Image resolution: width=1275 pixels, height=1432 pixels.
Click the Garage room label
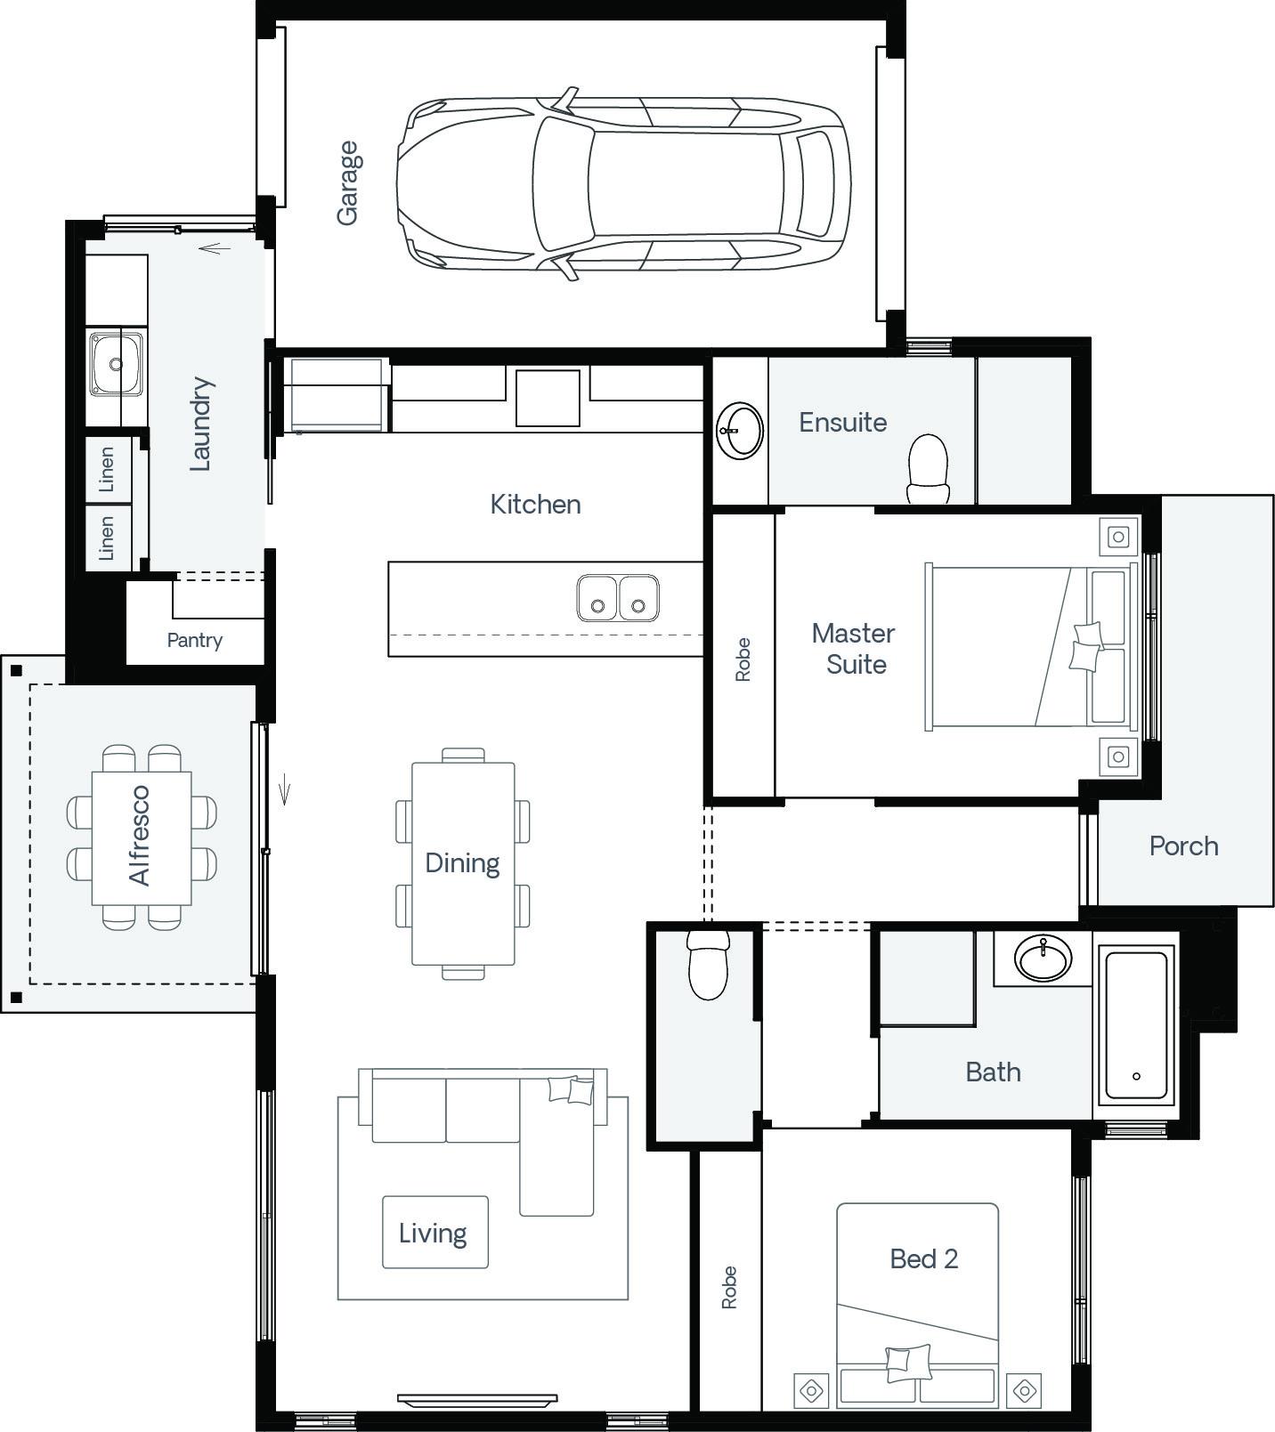pyautogui.click(x=347, y=182)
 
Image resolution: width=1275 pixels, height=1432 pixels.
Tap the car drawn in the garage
pyautogui.click(x=623, y=184)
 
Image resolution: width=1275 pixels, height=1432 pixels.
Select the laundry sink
pyautogui.click(x=116, y=364)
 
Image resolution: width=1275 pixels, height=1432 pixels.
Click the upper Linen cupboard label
pyautogui.click(x=107, y=469)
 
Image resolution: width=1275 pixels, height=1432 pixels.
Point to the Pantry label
pyautogui.click(x=195, y=640)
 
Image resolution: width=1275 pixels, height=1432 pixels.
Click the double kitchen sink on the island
pyautogui.click(x=618, y=597)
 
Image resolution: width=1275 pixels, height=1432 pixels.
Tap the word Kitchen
pyautogui.click(x=535, y=505)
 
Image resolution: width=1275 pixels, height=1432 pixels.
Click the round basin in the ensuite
pyautogui.click(x=740, y=431)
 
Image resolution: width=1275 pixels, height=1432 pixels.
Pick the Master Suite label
pyautogui.click(x=854, y=649)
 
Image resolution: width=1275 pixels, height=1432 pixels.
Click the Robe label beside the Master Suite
pyautogui.click(x=743, y=659)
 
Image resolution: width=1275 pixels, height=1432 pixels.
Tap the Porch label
pyautogui.click(x=1183, y=845)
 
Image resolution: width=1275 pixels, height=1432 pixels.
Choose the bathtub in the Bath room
pyautogui.click(x=1136, y=1026)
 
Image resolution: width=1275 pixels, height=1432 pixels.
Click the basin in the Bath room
pyautogui.click(x=1044, y=959)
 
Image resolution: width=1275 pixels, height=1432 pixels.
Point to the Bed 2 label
pyautogui.click(x=924, y=1258)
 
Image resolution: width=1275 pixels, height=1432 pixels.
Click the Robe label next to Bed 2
pyautogui.click(x=729, y=1287)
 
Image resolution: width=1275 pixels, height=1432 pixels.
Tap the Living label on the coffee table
pyautogui.click(x=433, y=1234)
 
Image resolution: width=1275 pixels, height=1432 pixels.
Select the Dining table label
pyautogui.click(x=462, y=863)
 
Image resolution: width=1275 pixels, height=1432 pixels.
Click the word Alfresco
pyautogui.click(x=140, y=835)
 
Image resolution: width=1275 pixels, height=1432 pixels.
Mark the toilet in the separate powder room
pyautogui.click(x=709, y=965)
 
